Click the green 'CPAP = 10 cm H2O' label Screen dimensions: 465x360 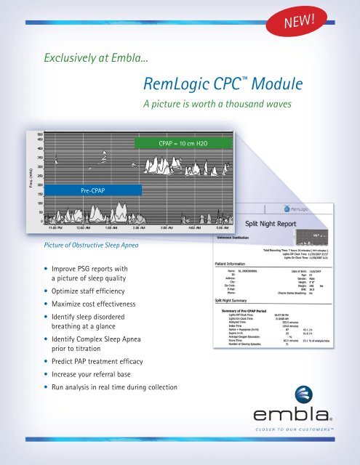183,144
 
